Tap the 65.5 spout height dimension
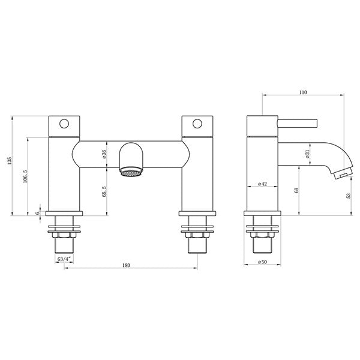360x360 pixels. [x=104, y=191]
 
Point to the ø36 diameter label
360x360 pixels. [x=104, y=154]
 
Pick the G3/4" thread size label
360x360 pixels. [x=65, y=259]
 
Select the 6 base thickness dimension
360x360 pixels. [x=38, y=213]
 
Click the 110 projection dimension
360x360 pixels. [x=302, y=92]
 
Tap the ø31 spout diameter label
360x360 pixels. [x=307, y=154]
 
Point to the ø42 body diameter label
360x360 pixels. [x=262, y=184]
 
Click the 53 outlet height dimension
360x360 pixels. [x=349, y=196]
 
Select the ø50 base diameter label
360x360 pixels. [x=262, y=262]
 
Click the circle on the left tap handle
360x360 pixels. [x=63, y=125]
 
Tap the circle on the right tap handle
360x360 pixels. [x=196, y=125]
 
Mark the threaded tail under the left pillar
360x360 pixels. [x=63, y=243]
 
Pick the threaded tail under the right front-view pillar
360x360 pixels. [x=196, y=243]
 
